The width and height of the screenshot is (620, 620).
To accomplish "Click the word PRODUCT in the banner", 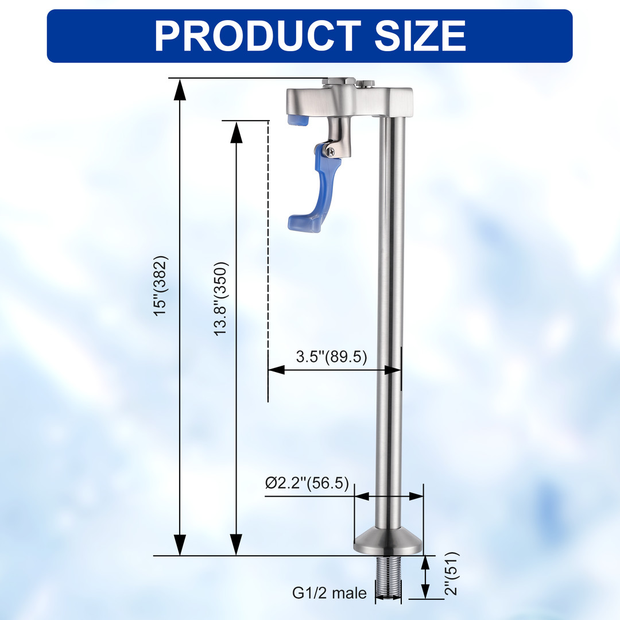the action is [257, 36].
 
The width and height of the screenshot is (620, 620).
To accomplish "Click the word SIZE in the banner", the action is [420, 36].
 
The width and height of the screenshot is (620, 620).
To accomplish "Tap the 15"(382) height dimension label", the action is [161, 286].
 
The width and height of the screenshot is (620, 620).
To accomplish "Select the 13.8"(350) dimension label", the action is [221, 299].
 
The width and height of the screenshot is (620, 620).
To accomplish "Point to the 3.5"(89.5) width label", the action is [331, 356].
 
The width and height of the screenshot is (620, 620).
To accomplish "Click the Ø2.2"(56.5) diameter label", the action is [307, 483].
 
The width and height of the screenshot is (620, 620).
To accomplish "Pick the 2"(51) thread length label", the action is [451, 573].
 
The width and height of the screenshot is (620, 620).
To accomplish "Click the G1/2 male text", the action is [330, 592].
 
